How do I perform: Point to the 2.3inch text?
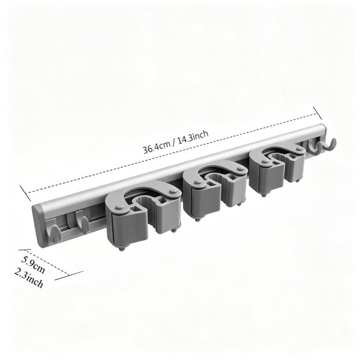click(x=29, y=278)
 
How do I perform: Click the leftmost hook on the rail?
click(x=55, y=231)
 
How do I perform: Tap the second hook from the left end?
click(x=82, y=222)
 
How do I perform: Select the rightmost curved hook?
click(x=329, y=145)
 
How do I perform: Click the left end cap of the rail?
click(x=37, y=226)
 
